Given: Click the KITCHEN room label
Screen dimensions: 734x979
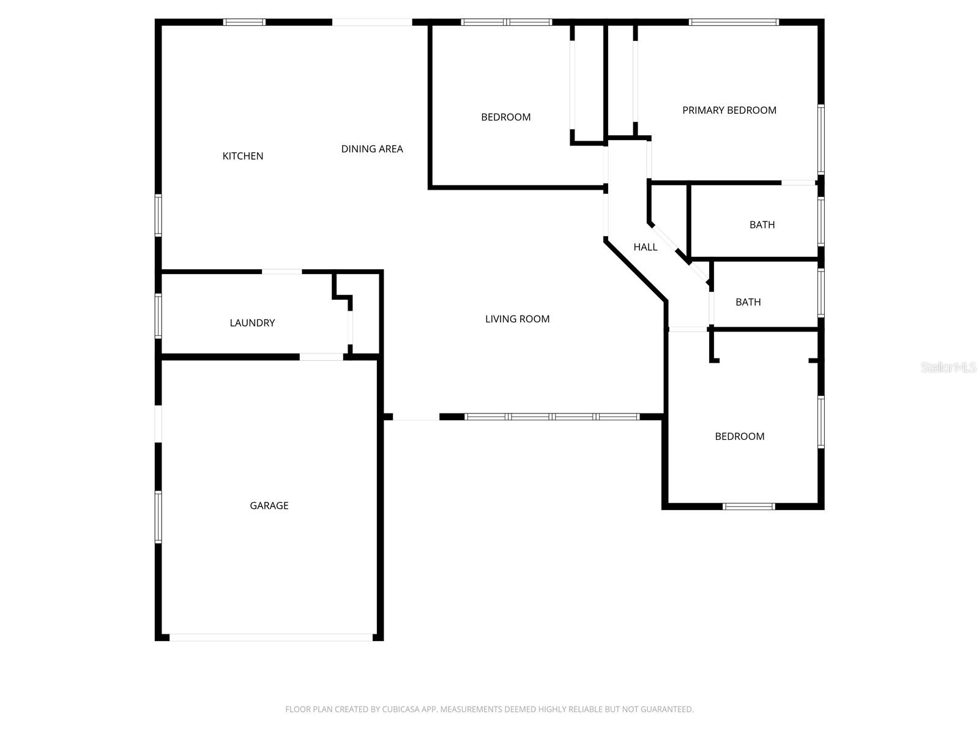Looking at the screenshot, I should coord(243,156).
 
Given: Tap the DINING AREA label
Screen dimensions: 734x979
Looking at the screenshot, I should coord(372,149).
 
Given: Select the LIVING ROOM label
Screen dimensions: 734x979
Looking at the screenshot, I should coord(517,319).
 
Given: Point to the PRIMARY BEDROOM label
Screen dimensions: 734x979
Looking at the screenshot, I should coord(729,110).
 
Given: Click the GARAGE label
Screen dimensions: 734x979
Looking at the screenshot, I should coord(269,505).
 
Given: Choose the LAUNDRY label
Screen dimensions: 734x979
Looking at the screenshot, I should coord(252,323).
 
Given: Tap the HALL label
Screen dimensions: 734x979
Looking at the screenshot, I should coord(646,247).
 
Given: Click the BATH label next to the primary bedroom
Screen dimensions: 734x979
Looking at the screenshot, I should coord(762,224).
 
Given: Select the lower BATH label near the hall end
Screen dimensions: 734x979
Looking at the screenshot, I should coord(748,302).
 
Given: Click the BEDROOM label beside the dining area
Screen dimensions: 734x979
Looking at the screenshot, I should coord(505,117).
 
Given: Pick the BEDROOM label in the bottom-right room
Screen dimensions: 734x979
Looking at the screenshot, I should coord(739,436).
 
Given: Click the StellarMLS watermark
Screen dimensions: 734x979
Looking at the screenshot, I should coord(949,368).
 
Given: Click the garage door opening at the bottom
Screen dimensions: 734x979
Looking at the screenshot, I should coord(270,637).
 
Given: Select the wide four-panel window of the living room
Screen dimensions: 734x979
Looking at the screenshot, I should coord(552,417).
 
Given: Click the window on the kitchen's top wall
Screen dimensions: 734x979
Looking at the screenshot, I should coord(244,23).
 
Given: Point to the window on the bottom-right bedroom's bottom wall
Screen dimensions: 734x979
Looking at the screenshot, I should coord(749,506).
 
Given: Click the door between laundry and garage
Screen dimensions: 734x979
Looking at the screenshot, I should coord(321,357).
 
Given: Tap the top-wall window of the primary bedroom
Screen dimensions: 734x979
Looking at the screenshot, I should coord(734,23).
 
